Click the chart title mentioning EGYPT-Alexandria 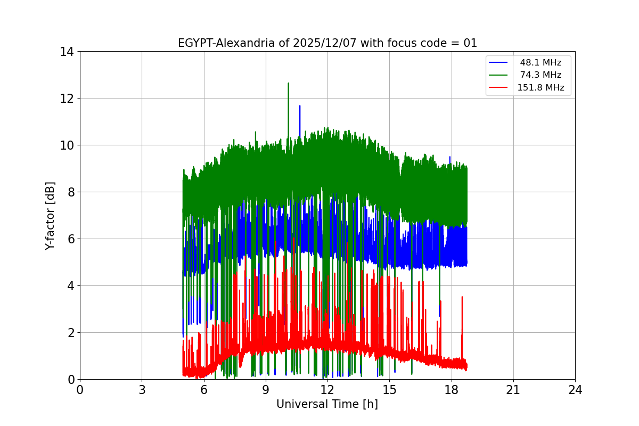(x=327, y=43)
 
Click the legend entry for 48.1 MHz (x=540, y=63)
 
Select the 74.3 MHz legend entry (x=540, y=75)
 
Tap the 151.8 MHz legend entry (x=540, y=88)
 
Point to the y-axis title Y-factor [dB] (x=50, y=215)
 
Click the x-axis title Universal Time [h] (x=327, y=404)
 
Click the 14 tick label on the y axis (x=67, y=52)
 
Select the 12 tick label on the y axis (x=67, y=99)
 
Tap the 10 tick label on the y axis (x=67, y=145)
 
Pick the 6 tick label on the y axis (x=70, y=239)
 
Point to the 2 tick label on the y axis (x=70, y=333)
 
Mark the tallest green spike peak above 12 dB (x=288, y=84)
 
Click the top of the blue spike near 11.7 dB (x=300, y=106)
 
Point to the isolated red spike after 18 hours (x=462, y=297)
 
